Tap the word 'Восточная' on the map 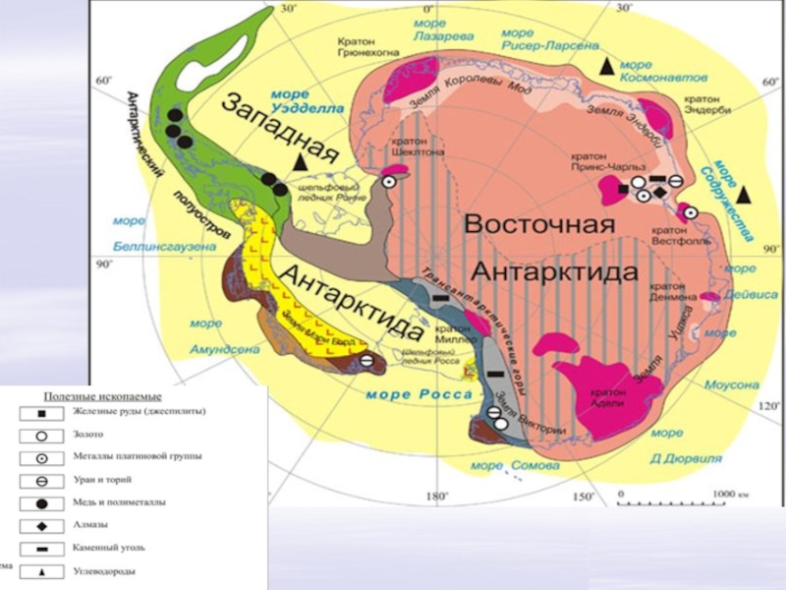(x=528, y=223)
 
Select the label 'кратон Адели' (x=609, y=396)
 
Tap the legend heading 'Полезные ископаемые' (x=102, y=395)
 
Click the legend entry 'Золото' (x=88, y=434)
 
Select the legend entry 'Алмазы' (x=90, y=524)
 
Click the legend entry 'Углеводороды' (x=104, y=570)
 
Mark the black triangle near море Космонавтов (x=608, y=66)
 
